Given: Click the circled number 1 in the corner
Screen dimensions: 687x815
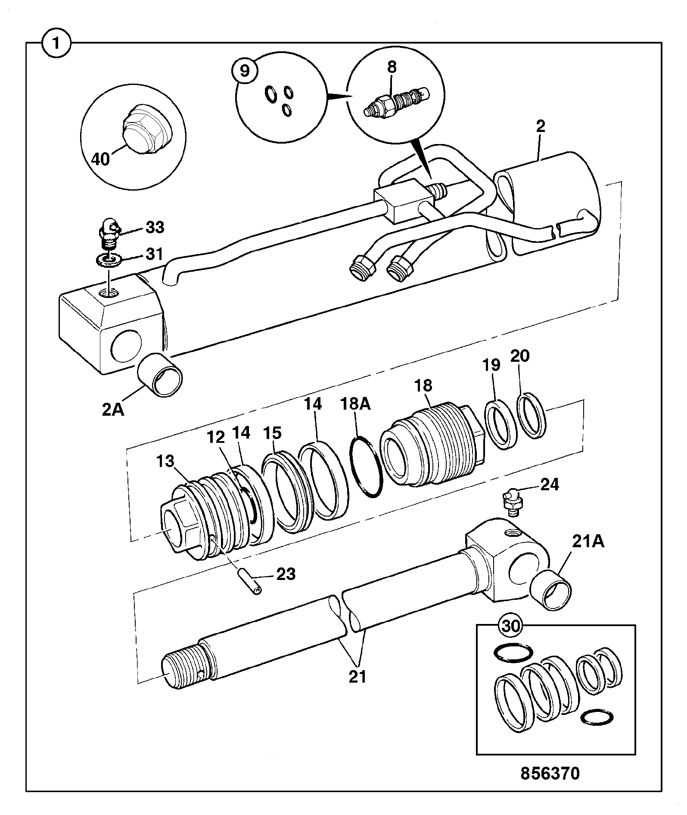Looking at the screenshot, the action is click(x=56, y=43).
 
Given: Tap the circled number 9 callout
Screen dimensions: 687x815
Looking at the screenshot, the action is click(x=245, y=70).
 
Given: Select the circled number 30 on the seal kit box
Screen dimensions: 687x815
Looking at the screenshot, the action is click(x=512, y=626).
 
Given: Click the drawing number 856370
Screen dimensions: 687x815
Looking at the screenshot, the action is click(x=550, y=773).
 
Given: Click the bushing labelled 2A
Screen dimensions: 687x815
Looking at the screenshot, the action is click(x=160, y=374).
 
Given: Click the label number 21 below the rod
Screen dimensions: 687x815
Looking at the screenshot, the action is click(x=357, y=676).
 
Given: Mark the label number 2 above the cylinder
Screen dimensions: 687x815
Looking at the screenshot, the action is click(x=541, y=126).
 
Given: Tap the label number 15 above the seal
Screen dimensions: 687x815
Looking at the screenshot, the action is click(x=272, y=433).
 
